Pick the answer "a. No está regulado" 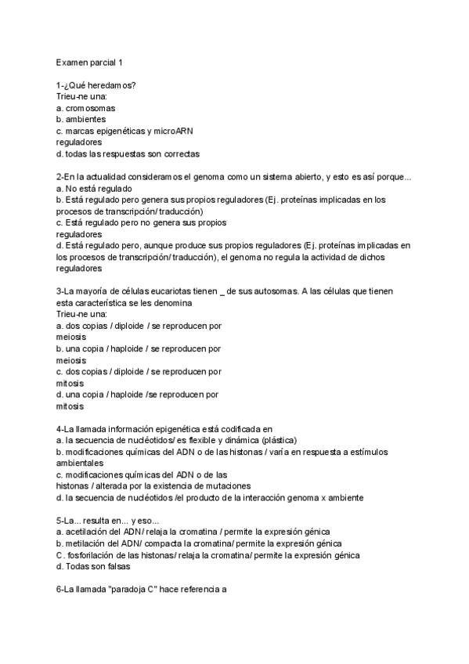pos(94,189)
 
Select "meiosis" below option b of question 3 pos(71,360)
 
